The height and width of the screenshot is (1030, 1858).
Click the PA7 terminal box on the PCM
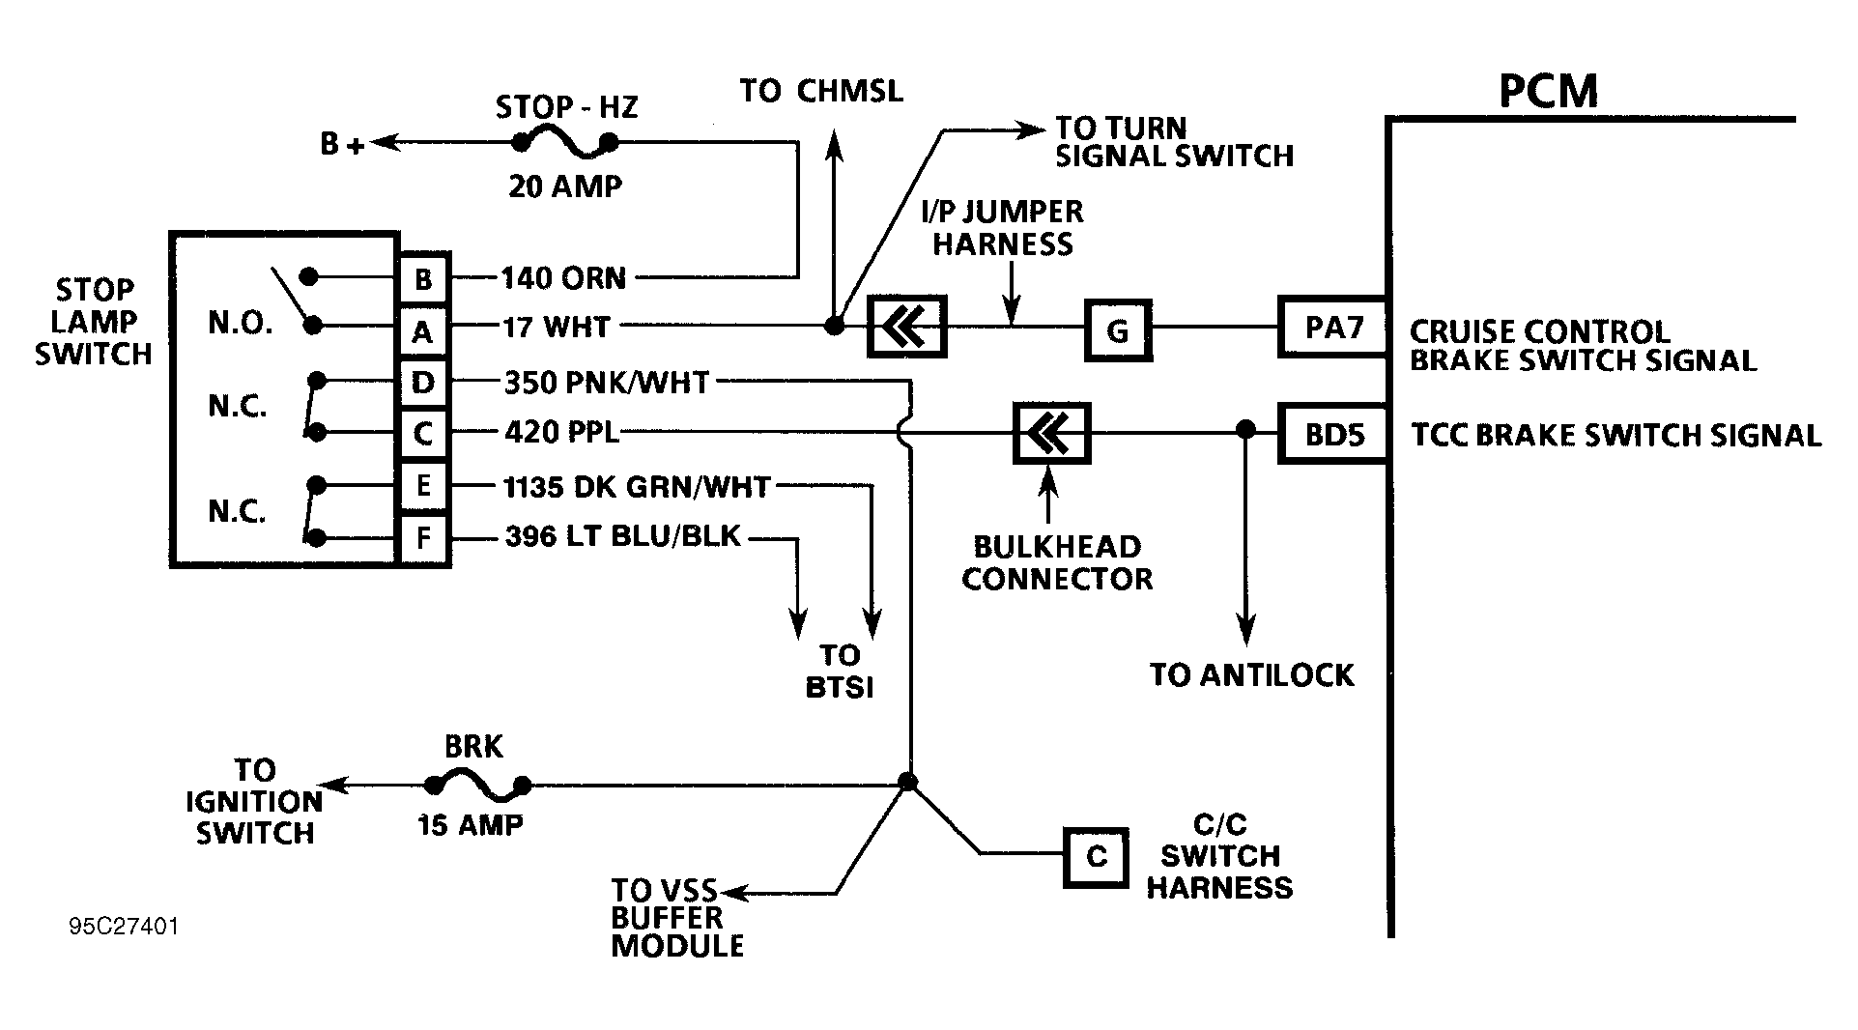1333,328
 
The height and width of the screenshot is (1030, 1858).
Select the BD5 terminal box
1333,434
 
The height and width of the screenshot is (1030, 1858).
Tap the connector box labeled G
1118,330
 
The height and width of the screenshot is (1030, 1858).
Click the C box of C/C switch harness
1096,857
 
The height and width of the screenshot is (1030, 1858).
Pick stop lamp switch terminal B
423,279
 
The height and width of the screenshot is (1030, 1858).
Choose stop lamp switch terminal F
423,538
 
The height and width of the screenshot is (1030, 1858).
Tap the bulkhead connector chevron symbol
1051,432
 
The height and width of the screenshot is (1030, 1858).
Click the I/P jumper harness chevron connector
906,328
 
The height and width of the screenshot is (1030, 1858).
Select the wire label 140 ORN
563,278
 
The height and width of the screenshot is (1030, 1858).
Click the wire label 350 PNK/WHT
607,383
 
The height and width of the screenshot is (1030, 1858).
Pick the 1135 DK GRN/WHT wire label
637,486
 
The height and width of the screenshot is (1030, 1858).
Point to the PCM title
1548,91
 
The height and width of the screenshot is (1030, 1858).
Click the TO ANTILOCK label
1251,674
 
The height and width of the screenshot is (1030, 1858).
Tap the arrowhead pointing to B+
382,144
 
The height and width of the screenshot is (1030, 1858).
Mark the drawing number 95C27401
124,927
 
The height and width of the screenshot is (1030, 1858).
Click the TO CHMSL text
821,91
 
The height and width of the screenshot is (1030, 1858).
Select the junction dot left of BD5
1245,429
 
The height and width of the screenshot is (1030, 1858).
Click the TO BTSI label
839,671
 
